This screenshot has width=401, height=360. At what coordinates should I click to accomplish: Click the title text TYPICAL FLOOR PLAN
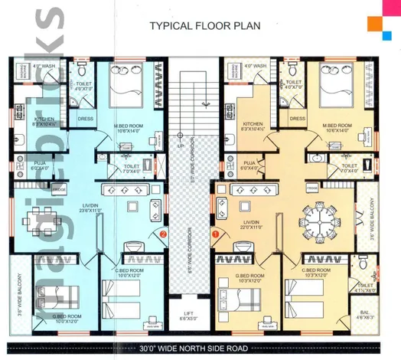204,26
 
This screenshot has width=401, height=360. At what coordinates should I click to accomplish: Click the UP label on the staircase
180,145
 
